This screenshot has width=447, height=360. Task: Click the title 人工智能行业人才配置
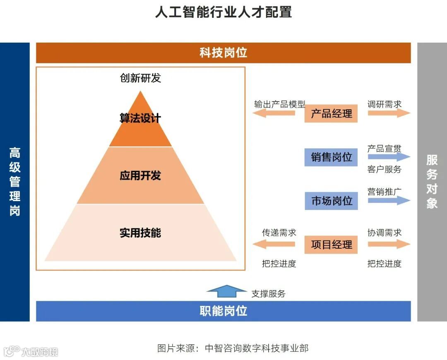click(223, 12)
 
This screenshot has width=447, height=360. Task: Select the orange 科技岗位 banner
click(223, 53)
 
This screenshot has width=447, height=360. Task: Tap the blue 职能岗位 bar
click(223, 311)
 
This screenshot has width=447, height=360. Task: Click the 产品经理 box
click(331, 113)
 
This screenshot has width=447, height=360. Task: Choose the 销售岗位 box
click(331, 157)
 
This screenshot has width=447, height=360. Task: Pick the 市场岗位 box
click(331, 201)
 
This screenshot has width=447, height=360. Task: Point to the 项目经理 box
click(331, 245)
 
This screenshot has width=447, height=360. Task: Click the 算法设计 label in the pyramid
click(140, 118)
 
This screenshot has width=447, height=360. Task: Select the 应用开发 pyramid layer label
click(140, 175)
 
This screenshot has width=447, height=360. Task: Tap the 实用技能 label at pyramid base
click(140, 233)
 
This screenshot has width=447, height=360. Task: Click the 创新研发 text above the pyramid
click(140, 78)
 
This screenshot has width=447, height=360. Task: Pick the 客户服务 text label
click(384, 169)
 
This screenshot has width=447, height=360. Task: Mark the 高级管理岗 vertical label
click(15, 182)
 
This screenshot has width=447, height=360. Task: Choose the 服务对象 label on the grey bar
click(432, 182)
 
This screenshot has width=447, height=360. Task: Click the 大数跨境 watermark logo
click(31, 352)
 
